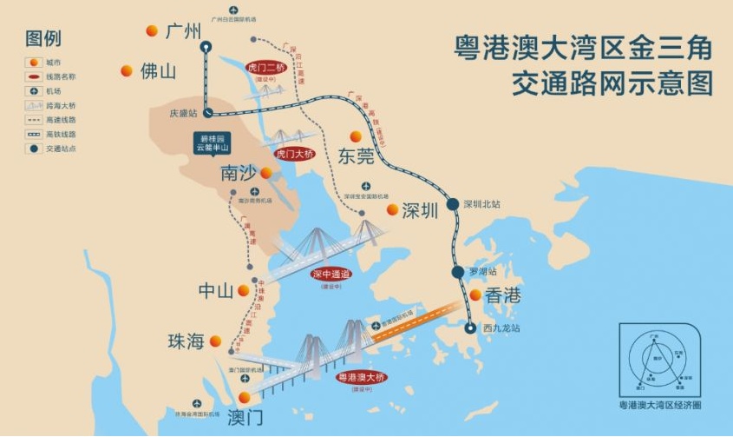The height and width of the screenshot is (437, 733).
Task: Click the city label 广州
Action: click(183, 32)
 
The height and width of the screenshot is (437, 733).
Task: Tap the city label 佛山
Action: click(158, 71)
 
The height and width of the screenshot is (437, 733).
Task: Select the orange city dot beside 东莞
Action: click(355, 136)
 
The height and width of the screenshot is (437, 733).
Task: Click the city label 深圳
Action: click(421, 210)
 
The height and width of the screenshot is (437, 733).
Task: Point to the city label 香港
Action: click(502, 295)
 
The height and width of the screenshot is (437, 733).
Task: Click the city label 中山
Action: click(217, 291)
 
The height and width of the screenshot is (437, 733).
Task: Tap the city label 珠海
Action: click(186, 341)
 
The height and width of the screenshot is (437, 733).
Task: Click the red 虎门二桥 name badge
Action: click(265, 66)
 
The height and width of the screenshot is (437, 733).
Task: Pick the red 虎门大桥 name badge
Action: click(292, 154)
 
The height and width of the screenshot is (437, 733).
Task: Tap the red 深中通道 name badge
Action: click(331, 274)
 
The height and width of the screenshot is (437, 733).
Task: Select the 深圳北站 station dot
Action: click(453, 204)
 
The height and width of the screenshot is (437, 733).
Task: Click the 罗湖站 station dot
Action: click(458, 272)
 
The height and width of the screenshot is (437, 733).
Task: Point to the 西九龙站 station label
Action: click(501, 328)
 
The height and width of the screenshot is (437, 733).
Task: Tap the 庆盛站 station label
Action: click(182, 113)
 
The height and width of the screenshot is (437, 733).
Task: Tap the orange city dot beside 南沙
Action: click(265, 173)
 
